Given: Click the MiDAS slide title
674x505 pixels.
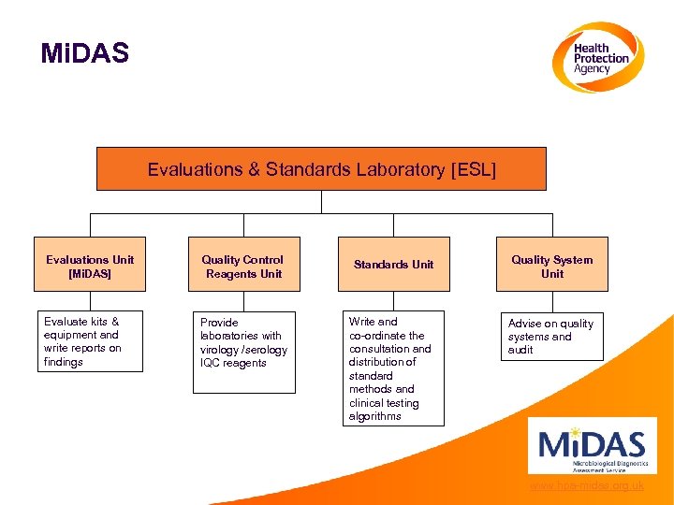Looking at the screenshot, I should [84, 53].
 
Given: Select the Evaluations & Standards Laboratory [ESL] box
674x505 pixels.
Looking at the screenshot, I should [321, 169].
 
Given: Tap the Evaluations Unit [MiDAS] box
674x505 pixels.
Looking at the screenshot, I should [90, 266].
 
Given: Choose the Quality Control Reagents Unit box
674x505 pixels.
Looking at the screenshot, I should [243, 266].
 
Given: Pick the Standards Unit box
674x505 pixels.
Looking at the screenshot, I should [393, 265].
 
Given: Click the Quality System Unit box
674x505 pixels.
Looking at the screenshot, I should [552, 266].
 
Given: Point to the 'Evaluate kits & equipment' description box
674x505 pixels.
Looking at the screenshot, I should [90, 341].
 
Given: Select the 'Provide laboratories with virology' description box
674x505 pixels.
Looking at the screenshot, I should [243, 342].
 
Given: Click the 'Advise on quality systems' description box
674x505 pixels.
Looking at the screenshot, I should [551, 336].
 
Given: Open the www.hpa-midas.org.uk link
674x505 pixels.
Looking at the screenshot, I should [586, 485].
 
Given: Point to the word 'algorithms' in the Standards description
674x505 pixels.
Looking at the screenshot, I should [374, 416].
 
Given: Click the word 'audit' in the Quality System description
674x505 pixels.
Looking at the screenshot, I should [520, 350].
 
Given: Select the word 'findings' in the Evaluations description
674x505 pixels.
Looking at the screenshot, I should [64, 362].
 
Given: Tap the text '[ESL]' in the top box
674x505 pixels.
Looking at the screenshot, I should [474, 169].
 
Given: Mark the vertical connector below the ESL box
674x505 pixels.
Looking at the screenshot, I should [321, 202].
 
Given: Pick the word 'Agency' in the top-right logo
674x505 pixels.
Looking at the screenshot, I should [592, 69].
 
